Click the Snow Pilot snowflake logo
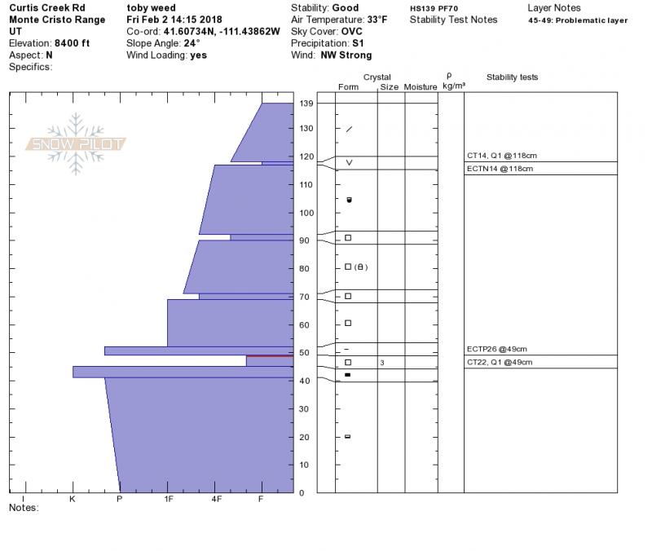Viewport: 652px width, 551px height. click(75, 143)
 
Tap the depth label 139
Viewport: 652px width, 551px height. click(306, 104)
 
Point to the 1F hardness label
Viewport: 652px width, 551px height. click(168, 499)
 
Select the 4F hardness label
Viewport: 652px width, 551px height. click(216, 499)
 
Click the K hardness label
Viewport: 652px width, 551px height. click(73, 499)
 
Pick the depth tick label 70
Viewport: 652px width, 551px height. click(304, 297)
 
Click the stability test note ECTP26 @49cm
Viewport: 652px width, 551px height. click(497, 349)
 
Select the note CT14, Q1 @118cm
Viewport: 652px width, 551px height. click(502, 156)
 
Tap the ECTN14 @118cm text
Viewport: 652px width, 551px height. click(500, 169)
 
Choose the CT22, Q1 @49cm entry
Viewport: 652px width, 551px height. click(500, 362)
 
